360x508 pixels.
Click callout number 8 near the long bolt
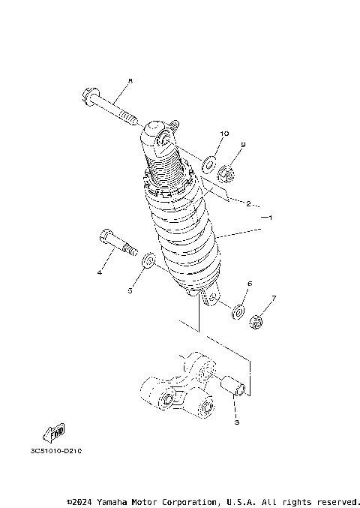(129, 80)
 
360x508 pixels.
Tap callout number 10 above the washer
(223, 134)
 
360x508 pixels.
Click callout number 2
(247, 203)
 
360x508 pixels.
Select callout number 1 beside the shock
(270, 218)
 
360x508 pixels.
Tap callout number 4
(99, 272)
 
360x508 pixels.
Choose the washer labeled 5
(148, 260)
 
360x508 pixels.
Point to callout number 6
(250, 284)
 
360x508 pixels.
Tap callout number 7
(274, 298)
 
